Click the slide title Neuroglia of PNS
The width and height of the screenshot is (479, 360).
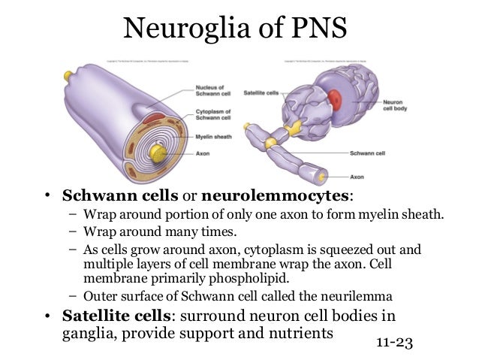click(239, 30)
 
